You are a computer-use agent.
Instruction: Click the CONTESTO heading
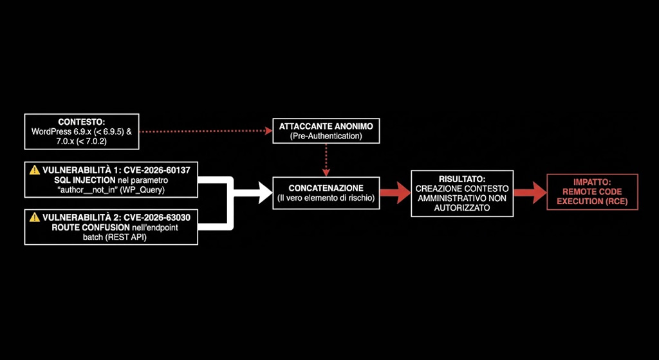[x=82, y=122]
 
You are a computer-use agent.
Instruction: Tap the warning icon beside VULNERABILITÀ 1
[x=35, y=170]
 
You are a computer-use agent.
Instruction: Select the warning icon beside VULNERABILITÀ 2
[x=35, y=218]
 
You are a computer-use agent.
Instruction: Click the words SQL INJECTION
[x=78, y=180]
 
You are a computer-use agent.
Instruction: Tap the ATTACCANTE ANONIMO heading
[x=326, y=126]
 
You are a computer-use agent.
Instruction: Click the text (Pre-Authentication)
[x=326, y=136]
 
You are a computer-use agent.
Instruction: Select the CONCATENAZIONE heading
[x=326, y=187]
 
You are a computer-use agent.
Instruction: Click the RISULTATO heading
[x=462, y=179]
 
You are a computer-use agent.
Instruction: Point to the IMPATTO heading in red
[x=592, y=184]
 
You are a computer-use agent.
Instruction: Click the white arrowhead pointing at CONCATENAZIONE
[x=265, y=193]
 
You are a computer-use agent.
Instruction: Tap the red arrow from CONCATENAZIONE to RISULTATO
[x=395, y=193]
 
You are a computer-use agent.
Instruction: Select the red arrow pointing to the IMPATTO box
[x=530, y=193]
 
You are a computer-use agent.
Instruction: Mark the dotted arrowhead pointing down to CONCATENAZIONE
[x=326, y=173]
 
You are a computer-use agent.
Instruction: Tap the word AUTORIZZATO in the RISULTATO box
[x=462, y=208]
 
